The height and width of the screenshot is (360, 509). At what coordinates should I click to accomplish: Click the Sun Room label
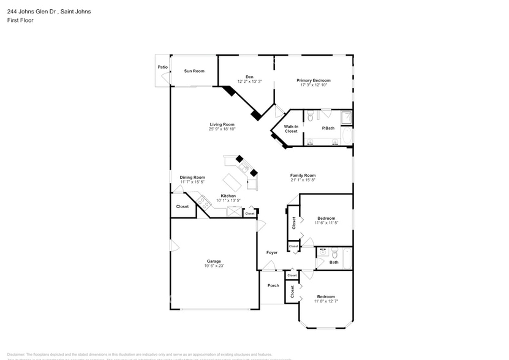(194, 71)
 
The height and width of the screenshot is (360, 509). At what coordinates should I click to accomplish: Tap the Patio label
(162, 67)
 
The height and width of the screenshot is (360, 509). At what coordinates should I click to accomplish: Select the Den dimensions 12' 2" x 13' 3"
(249, 81)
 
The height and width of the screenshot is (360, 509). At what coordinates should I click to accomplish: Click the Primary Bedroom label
(314, 80)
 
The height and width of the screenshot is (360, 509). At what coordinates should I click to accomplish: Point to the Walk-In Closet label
(291, 129)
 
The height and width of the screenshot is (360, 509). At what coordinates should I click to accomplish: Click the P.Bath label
(329, 128)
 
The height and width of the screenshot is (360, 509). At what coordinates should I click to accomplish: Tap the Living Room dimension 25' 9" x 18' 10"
(222, 129)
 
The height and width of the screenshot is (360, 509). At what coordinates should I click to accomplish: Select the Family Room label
(303, 175)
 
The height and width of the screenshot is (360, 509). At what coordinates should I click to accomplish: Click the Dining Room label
(192, 178)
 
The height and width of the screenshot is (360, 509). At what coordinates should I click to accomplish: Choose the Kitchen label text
(228, 196)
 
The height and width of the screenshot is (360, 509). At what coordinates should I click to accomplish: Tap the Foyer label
(272, 252)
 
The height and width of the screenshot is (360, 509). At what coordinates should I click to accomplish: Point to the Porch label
(273, 285)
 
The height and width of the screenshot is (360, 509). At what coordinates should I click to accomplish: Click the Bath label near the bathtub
(334, 262)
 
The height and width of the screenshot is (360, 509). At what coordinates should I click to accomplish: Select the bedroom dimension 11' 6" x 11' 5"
(326, 223)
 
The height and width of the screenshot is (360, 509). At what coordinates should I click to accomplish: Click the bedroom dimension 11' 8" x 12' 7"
(326, 301)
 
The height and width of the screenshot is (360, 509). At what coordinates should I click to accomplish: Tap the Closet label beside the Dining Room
(183, 207)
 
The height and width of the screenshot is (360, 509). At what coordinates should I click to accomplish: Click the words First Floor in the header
(21, 20)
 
